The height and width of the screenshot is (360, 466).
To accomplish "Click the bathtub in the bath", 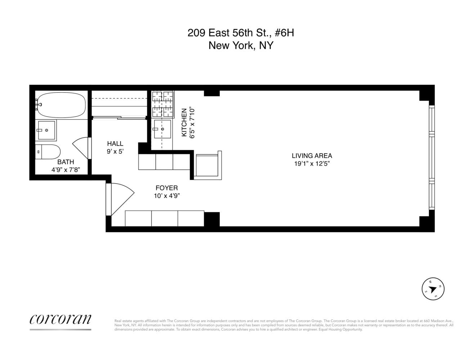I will pyautogui.click(x=61, y=105).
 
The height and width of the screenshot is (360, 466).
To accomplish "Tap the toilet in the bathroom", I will pyautogui.click(x=49, y=152).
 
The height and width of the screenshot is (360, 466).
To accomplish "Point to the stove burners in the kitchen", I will pyautogui.click(x=163, y=104).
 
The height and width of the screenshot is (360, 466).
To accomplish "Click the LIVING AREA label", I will pyautogui.click(x=312, y=156).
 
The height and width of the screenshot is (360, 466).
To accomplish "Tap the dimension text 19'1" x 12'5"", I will pyautogui.click(x=312, y=164).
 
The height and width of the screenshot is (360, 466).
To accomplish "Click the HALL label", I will pyautogui.click(x=115, y=144).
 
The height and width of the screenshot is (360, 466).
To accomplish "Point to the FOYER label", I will pyautogui.click(x=166, y=188).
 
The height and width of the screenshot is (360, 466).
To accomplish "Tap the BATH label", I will pyautogui.click(x=66, y=162).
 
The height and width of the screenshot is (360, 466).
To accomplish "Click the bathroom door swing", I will pyautogui.click(x=81, y=148).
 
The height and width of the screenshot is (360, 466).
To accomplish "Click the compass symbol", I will pyautogui.click(x=433, y=289).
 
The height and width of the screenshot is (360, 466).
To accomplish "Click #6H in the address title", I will pyautogui.click(x=284, y=33).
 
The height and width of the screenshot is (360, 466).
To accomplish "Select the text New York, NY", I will pyautogui.click(x=241, y=46).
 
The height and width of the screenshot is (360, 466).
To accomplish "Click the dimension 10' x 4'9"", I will pyautogui.click(x=166, y=196).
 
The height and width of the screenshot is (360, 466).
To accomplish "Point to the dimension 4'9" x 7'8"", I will pyautogui.click(x=66, y=170).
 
